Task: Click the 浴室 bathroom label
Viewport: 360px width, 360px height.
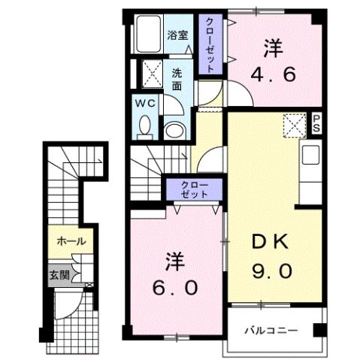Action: pyautogui.click(x=177, y=35)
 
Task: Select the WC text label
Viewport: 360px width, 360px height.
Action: pyautogui.click(x=146, y=102)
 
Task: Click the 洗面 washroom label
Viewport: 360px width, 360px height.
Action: pyautogui.click(x=177, y=79)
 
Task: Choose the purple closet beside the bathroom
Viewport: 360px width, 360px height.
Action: pyautogui.click(x=210, y=45)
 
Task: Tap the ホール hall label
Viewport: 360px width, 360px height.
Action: pyautogui.click(x=71, y=242)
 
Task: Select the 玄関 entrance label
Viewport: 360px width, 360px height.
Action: pyautogui.click(x=60, y=276)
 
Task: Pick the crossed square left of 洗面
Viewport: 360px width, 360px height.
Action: pyautogui.click(x=153, y=74)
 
